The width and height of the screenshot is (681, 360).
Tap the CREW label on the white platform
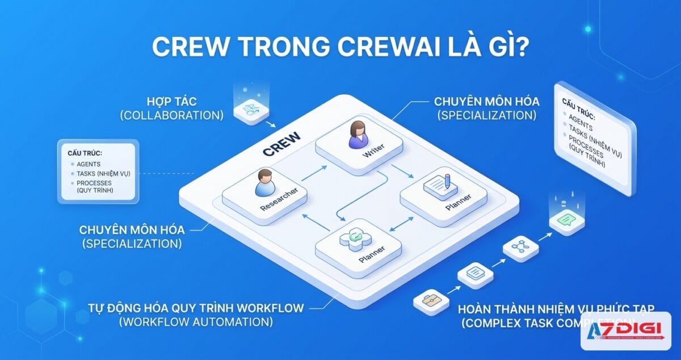point(281,145)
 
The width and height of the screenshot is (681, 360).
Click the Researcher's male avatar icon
point(264,182)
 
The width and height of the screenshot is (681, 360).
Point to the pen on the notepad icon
point(447,181)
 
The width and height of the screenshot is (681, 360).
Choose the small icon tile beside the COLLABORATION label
point(251,108)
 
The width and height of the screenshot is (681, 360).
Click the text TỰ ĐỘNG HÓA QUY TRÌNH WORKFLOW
point(196,308)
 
